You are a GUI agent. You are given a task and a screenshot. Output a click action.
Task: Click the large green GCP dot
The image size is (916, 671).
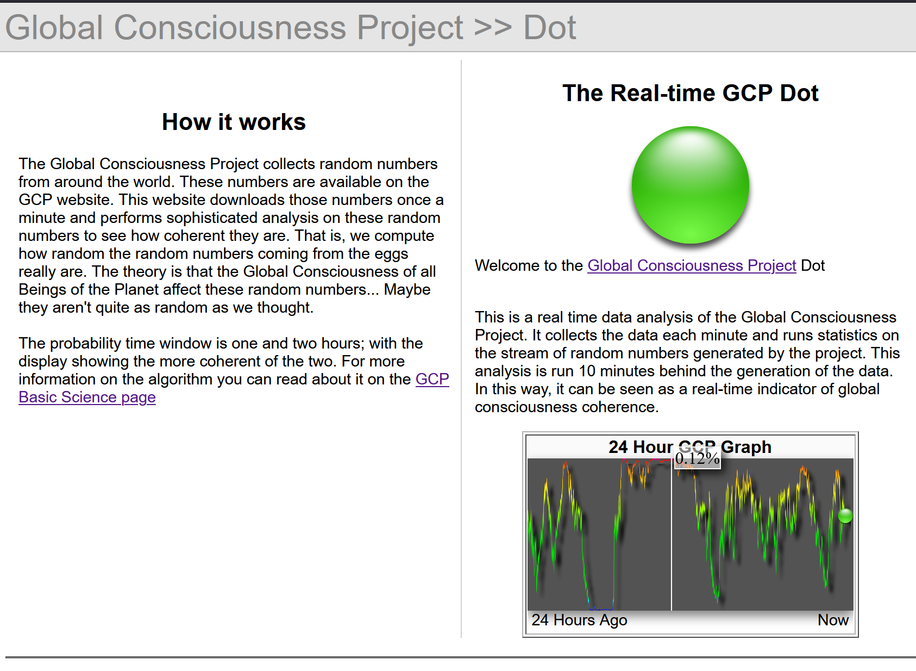691,185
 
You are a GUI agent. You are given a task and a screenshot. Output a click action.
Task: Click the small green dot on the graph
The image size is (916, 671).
845,515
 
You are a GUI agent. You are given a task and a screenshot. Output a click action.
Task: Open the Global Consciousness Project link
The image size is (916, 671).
692,266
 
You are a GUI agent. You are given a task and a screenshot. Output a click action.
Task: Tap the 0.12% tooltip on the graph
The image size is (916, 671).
697,458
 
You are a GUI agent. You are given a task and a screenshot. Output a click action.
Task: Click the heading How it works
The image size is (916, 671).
234,122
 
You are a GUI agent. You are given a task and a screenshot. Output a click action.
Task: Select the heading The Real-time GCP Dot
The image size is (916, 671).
691,93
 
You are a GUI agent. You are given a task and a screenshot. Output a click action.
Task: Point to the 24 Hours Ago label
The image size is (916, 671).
579,620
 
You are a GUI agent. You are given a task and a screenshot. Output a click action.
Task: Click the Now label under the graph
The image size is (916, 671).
833,620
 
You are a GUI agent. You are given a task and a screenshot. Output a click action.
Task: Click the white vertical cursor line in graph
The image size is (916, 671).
672,535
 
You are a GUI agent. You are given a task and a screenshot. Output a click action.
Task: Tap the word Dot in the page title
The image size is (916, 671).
550,28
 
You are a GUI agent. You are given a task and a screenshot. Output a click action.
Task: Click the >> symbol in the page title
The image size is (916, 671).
493,28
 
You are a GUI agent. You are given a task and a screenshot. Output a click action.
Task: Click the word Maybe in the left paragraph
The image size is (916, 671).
407,289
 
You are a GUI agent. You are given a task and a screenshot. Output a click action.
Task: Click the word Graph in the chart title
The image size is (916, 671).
746,447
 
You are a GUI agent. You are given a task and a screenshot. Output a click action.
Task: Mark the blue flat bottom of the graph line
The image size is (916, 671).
601,609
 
